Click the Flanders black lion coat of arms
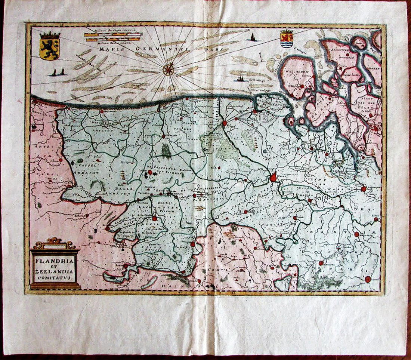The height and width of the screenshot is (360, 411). click(50, 46)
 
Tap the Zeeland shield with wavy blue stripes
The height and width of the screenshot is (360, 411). click(287, 38)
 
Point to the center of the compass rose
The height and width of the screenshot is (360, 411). click(169, 69)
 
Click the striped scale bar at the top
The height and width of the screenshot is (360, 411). click(112, 36)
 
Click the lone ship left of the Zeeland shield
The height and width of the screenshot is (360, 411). click(254, 37)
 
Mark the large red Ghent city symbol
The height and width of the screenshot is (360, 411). click(274, 177)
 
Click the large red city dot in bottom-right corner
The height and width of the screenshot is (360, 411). click(368, 279)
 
